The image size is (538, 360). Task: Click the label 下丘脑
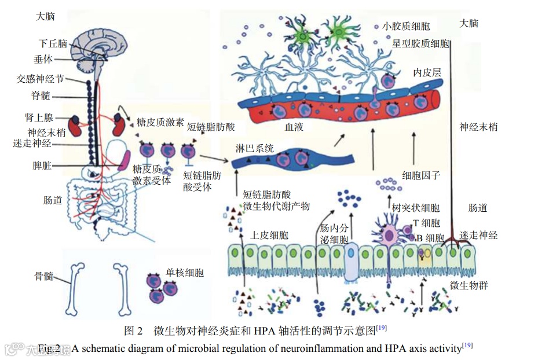(x=53, y=43)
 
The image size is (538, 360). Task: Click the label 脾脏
(x=42, y=166)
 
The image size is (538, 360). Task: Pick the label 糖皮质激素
(x=160, y=122)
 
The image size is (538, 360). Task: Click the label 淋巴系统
(x=255, y=148)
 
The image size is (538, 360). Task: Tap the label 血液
(x=294, y=126)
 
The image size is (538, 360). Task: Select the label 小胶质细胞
(x=406, y=26)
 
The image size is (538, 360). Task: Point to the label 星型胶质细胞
(x=420, y=43)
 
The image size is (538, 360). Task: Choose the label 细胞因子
(x=422, y=174)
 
